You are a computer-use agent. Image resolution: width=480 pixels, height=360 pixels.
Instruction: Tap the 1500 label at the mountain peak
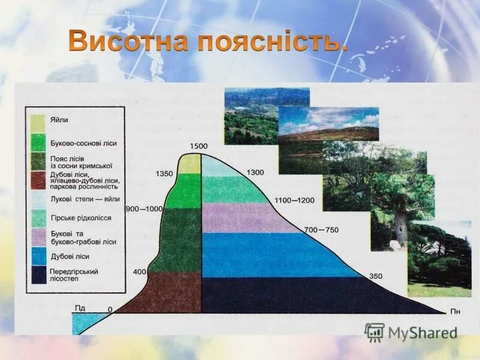tap(198, 146)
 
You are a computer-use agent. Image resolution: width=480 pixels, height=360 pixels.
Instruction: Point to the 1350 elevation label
tap(164, 174)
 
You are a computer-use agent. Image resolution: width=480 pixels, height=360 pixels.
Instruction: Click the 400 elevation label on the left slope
tap(139, 272)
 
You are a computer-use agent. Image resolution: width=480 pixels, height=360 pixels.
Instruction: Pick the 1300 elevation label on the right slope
tap(254, 173)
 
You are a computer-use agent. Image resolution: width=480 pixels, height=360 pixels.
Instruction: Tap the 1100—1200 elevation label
tap(294, 200)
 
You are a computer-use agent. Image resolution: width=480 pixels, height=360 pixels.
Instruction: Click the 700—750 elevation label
tap(321, 230)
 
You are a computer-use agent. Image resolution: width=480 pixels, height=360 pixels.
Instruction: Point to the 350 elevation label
tap(376, 277)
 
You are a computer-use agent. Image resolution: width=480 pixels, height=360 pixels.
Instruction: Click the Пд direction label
tap(80, 308)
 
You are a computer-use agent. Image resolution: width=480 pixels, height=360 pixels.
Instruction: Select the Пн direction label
tap(455, 312)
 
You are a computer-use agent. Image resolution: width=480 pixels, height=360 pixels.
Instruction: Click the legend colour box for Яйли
tap(38, 122)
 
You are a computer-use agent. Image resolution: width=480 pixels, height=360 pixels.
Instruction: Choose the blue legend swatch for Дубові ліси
tap(38, 256)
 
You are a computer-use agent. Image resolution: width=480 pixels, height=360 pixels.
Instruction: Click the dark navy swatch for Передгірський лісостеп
tap(38, 275)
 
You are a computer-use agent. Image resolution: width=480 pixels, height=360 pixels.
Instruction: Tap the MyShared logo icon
tap(374, 332)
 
